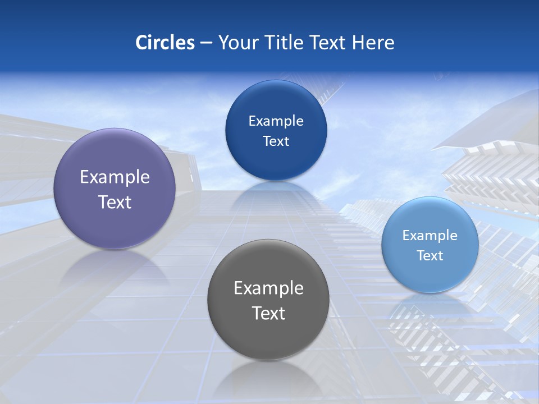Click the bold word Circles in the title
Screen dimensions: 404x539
[165, 43]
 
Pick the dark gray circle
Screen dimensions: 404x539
[268, 337]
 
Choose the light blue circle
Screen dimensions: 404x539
[430, 275]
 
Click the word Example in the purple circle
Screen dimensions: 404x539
[115, 177]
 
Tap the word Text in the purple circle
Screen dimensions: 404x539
[115, 202]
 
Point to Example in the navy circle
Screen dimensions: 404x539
[276, 121]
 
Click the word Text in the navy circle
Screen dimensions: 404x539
[276, 141]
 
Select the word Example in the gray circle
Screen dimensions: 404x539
[268, 288]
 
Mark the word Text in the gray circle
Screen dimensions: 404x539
[268, 313]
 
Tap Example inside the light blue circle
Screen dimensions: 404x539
[430, 236]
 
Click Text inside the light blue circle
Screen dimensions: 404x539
[430, 256]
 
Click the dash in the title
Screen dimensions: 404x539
[205, 43]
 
